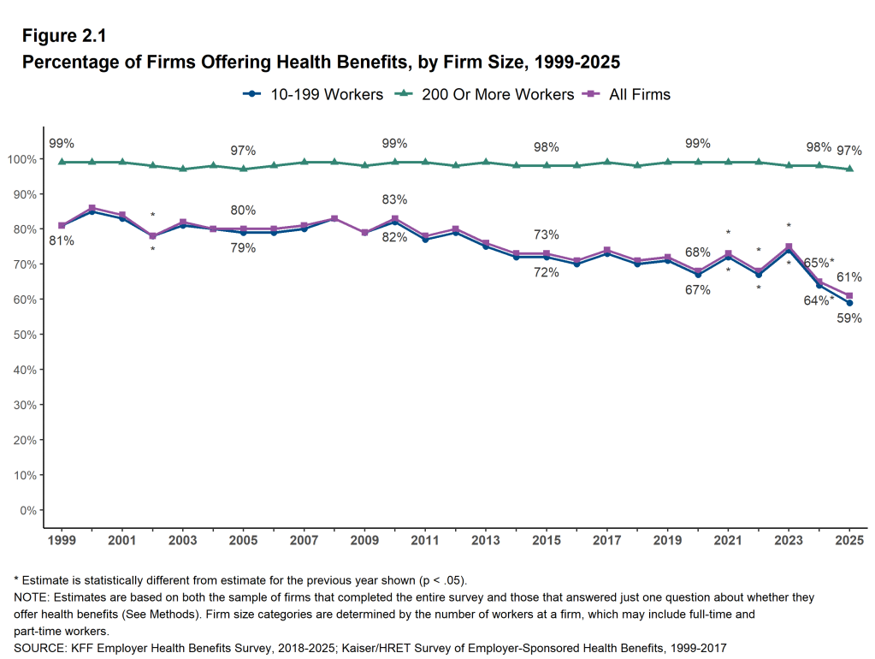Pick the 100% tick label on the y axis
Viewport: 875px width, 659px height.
point(21,159)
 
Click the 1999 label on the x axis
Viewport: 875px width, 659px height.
point(62,541)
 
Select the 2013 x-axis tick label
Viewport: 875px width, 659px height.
point(486,541)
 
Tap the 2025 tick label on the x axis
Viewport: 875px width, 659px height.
point(849,541)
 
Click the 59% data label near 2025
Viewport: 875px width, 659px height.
point(849,318)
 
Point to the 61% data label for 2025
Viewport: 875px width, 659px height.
point(849,277)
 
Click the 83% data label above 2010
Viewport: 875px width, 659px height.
point(394,199)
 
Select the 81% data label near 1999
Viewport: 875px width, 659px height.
point(62,241)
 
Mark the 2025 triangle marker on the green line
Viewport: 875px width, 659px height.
point(849,169)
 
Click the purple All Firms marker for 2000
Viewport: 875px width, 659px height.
point(92,208)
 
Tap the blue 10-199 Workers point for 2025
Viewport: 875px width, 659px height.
point(849,303)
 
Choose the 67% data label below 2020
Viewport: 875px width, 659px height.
point(698,290)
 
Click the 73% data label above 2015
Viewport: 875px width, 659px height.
point(547,235)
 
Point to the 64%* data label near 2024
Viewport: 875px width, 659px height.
point(819,300)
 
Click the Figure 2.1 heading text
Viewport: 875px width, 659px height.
point(63,36)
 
